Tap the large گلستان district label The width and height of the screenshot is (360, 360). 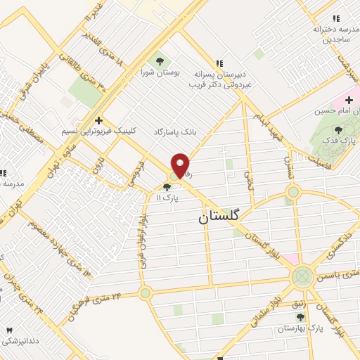point(219,217)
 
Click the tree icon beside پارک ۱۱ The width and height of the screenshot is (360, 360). point(167,187)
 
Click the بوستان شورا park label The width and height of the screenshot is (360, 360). point(156,72)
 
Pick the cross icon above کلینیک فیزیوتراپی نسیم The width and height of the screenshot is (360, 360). point(99,120)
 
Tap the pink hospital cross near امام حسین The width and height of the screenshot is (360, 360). point(349,100)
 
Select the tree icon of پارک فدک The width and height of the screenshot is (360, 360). point(339,129)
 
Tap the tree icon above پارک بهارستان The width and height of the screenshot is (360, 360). point(300,318)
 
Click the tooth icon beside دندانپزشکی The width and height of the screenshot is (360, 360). point(10,330)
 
